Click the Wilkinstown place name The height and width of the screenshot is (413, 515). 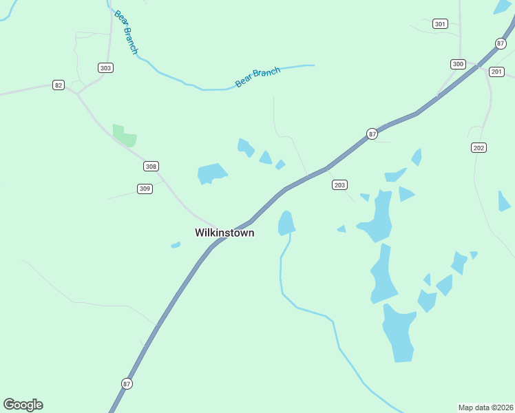[224, 233]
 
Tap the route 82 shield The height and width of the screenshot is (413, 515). [59, 85]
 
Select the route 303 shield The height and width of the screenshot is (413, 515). [105, 67]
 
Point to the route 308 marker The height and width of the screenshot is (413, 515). [151, 167]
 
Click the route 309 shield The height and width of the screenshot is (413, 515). [144, 189]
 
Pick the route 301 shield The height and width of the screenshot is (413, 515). [440, 24]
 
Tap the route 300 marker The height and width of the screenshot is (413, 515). [458, 64]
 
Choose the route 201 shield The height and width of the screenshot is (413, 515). [496, 72]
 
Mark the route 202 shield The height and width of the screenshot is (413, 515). [479, 148]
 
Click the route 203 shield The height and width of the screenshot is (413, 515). [339, 184]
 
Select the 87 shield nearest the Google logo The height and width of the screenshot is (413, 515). [127, 383]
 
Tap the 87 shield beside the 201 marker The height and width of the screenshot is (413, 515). [501, 43]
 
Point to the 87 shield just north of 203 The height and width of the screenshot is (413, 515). [372, 134]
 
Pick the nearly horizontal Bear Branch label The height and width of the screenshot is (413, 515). [258, 76]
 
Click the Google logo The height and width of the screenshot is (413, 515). [23, 405]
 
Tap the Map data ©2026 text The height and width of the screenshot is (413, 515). [486, 407]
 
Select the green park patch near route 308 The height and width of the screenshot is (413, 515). [124, 136]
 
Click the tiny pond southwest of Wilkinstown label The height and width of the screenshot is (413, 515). [176, 244]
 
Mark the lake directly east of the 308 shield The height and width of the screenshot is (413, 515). [211, 173]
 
